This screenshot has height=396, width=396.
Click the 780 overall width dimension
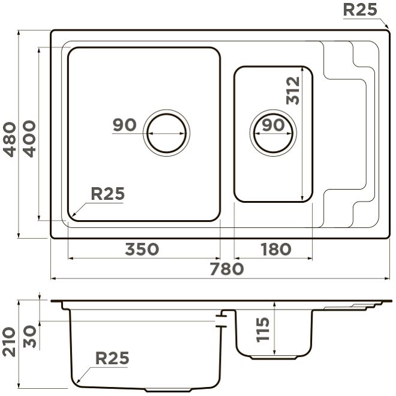[227, 269]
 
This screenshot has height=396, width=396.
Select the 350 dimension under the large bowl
[142, 248]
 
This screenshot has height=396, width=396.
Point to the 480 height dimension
[10, 139]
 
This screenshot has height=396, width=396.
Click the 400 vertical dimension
[29, 139]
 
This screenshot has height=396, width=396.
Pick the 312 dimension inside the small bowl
[293, 90]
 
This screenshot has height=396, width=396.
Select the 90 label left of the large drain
[125, 125]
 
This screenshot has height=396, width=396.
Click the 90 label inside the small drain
[273, 125]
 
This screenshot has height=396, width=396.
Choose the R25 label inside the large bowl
[107, 193]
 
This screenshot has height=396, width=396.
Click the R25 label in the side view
[112, 358]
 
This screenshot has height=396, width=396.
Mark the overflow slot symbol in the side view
[222, 319]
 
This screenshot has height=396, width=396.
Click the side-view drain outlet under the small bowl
[273, 356]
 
